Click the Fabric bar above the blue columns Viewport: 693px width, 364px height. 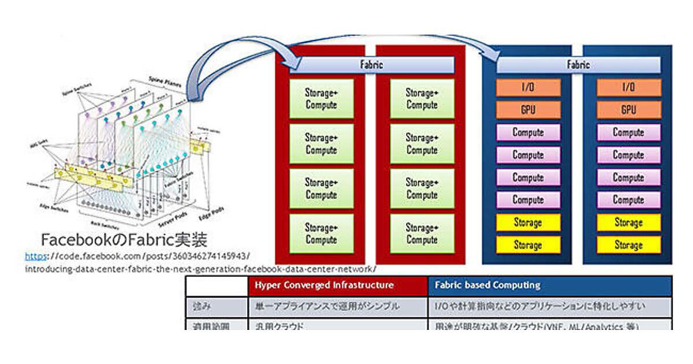pyautogui.click(x=577, y=65)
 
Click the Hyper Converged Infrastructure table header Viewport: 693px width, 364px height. pyautogui.click(x=325, y=285)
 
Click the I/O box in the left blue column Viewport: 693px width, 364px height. pyautogui.click(x=528, y=88)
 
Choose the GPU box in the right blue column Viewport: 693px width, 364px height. pyautogui.click(x=628, y=110)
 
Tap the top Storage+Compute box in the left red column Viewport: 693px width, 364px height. pyautogui.click(x=321, y=99)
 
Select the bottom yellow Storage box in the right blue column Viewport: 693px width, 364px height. pyautogui.click(x=628, y=245)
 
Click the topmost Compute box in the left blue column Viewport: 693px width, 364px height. pyautogui.click(x=528, y=132)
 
